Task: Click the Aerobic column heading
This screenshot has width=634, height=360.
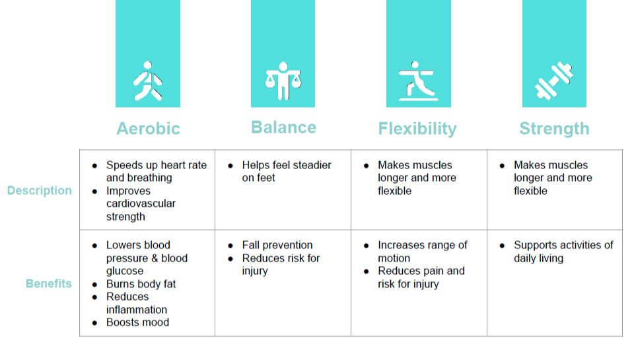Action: tap(148, 129)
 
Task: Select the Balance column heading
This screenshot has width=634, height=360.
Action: tap(283, 127)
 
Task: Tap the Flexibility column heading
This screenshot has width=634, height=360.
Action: tap(417, 129)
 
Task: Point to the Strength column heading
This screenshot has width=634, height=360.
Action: tap(554, 129)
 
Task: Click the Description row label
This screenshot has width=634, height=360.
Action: tap(39, 190)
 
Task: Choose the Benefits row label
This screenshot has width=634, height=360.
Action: tap(48, 283)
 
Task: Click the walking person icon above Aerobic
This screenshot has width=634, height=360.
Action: tap(147, 81)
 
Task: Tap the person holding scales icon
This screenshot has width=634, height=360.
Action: tap(283, 81)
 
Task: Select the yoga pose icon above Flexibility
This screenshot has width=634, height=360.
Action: tap(418, 81)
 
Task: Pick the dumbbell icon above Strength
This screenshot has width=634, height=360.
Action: tap(554, 81)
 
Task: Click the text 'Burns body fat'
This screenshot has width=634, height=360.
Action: tap(141, 284)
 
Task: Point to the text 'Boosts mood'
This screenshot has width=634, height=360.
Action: tap(137, 322)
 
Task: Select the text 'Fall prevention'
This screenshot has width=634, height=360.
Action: tap(277, 245)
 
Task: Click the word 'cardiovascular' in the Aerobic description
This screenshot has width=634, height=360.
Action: tap(141, 203)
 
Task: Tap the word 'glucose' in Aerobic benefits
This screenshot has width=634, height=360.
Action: tap(125, 271)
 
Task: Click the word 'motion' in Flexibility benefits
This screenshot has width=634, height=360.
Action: tap(394, 258)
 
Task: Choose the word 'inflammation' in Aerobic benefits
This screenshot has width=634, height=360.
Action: tap(137, 309)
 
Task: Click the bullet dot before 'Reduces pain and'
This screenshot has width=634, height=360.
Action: tap(367, 271)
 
